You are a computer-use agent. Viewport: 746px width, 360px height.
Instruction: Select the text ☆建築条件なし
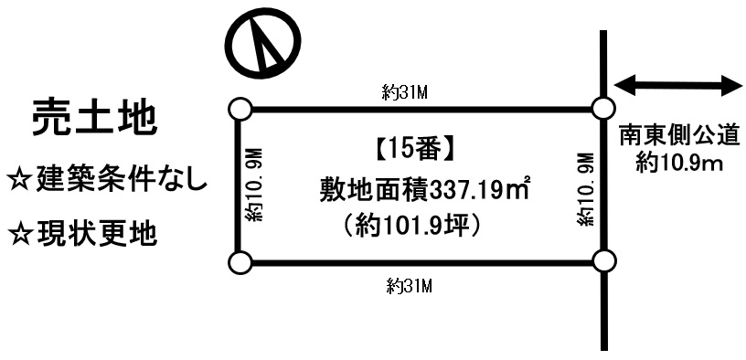pos(107,177)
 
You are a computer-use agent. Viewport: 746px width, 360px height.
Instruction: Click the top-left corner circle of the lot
pos(240,109)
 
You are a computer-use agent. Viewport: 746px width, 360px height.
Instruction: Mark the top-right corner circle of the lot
pos(602,109)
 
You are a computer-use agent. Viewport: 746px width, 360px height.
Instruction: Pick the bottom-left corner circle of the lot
pos(240,264)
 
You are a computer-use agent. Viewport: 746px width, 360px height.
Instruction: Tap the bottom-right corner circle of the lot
pos(602,262)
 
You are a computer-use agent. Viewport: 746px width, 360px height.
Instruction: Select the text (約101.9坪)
pos(409,224)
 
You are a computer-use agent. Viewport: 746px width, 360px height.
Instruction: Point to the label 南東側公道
pos(678,138)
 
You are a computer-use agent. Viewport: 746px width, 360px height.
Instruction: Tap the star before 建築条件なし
pos(20,178)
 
